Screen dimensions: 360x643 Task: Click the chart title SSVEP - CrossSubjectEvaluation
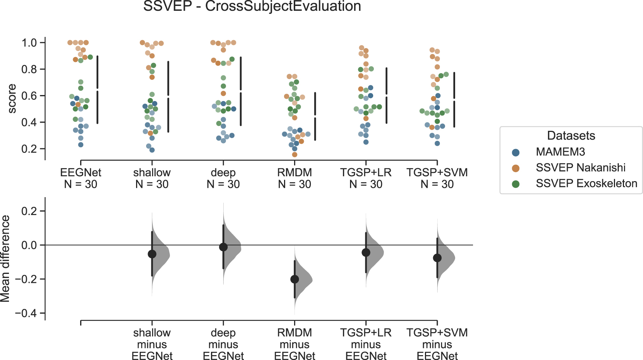[x=252, y=6]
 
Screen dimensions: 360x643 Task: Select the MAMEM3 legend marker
[x=516, y=152]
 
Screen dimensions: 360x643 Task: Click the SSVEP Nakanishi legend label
[x=580, y=168]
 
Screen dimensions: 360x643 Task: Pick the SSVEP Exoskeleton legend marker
[x=516, y=184]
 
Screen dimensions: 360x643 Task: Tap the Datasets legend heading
[x=571, y=136]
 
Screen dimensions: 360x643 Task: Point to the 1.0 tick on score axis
[x=29, y=42]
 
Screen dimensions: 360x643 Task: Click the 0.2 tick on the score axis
[x=29, y=149]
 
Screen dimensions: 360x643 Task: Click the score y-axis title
[x=12, y=99]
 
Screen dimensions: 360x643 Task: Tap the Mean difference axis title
[x=5, y=259]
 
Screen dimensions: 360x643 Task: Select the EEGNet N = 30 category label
[x=81, y=178]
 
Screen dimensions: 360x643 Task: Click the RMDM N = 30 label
[x=294, y=178]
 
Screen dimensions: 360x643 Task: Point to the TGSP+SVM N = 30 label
[x=437, y=178]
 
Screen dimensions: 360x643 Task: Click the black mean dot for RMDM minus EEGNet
[x=294, y=279]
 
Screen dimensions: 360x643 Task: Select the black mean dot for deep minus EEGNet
[x=223, y=247]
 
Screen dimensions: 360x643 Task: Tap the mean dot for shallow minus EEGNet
[x=152, y=254]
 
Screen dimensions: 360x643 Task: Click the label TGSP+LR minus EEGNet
[x=366, y=344]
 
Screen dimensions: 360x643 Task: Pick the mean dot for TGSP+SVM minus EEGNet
[x=437, y=258]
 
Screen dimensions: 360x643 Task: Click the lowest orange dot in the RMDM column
[x=294, y=154]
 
